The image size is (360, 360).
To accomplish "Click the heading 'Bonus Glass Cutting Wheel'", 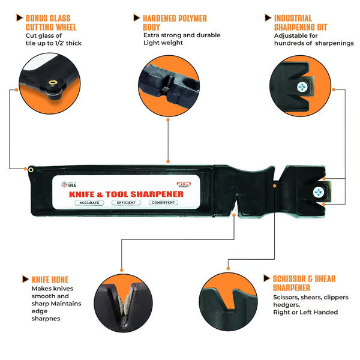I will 51,22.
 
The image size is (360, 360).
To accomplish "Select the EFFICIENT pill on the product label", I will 126,203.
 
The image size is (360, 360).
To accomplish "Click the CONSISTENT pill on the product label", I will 163,203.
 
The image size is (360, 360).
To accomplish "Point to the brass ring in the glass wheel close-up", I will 52,82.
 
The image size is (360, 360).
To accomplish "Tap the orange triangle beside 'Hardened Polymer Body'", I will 137,18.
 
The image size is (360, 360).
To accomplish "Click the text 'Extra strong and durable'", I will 182,35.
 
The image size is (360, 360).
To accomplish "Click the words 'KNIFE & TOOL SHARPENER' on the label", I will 126,193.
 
